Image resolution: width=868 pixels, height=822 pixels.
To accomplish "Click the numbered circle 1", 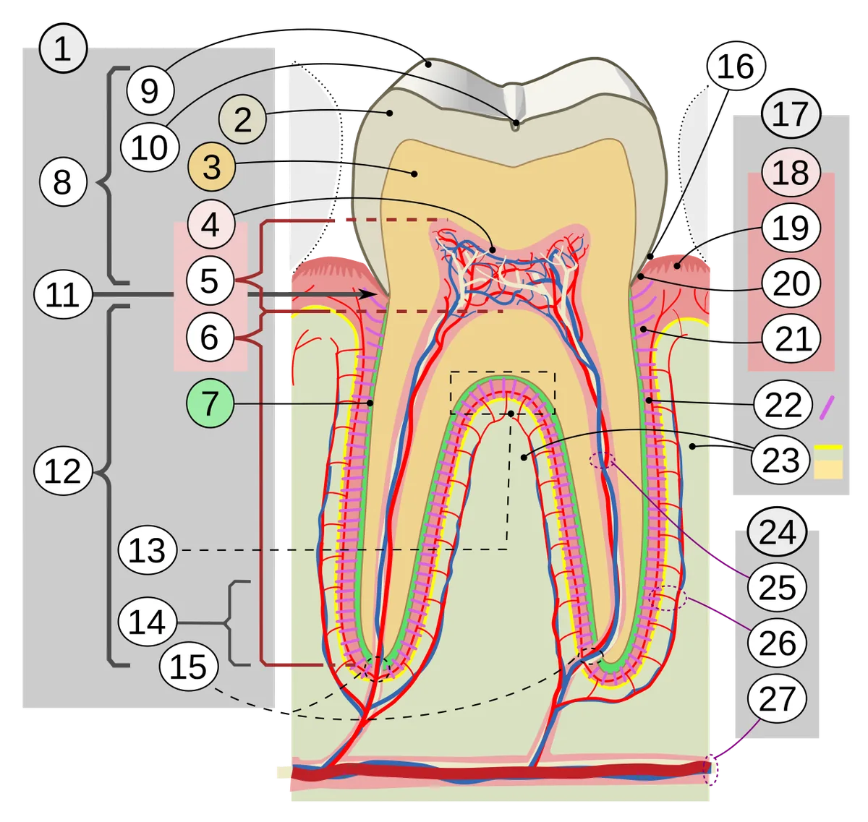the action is (x=63, y=48).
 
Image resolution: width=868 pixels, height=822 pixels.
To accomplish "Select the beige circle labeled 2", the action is (x=242, y=119).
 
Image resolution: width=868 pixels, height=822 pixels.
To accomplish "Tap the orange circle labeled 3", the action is (x=211, y=167).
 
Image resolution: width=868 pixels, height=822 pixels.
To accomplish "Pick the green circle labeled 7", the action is (x=210, y=403).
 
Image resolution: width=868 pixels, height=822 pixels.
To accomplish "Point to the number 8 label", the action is (x=62, y=181).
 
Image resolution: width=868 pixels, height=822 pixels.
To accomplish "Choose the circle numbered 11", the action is (x=63, y=294).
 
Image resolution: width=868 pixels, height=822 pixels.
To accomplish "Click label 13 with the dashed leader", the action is (x=148, y=550).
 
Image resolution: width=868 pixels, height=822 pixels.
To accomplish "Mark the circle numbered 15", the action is (x=189, y=667).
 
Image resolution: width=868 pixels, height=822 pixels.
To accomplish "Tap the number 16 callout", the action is (x=736, y=67).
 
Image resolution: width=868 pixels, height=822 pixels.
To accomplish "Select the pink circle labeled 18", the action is (x=791, y=172).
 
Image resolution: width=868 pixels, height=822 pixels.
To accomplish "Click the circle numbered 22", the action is (x=783, y=404).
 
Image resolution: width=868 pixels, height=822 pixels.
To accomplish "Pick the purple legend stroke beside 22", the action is (x=827, y=408).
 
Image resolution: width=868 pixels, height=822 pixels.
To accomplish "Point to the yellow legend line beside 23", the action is (x=828, y=448).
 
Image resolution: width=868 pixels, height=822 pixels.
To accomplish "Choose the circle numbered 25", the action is (x=778, y=587).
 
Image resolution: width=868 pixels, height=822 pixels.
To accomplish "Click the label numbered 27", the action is (x=778, y=698).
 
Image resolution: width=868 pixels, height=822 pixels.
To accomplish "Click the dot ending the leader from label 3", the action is (x=414, y=174).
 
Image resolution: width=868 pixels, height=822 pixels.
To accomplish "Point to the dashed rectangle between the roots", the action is (x=503, y=372).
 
